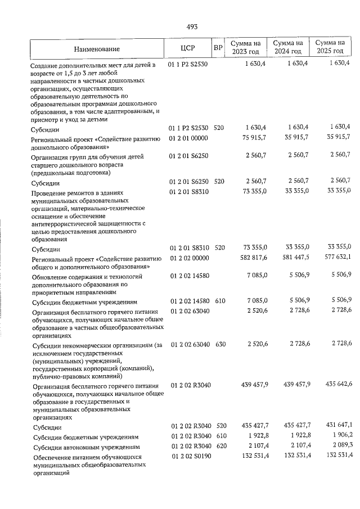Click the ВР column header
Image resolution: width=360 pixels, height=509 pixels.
pyautogui.click(x=218, y=48)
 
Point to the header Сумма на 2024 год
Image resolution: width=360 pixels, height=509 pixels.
pyautogui.click(x=288, y=48)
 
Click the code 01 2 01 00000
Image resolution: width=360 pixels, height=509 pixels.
pyautogui.click(x=189, y=138)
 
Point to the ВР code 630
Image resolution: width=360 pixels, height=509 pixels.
pyautogui.click(x=219, y=343)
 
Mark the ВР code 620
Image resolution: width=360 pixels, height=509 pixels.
pyautogui.click(x=219, y=445)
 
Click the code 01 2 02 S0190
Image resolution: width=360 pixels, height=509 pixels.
pyautogui.click(x=189, y=456)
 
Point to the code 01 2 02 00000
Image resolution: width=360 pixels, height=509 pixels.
pyautogui.click(x=189, y=258)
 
